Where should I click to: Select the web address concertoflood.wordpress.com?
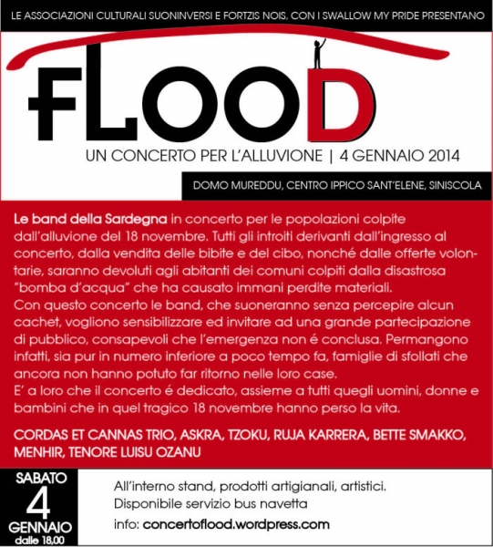tap(236, 524)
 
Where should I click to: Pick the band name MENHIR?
tap(41, 450)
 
